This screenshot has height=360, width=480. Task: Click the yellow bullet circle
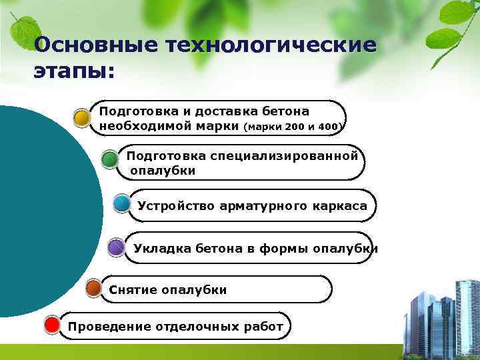click(x=82, y=118)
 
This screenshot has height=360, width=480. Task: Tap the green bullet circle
click(x=110, y=161)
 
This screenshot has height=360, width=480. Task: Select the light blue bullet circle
click(x=121, y=204)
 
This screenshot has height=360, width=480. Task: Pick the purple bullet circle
click(x=116, y=248)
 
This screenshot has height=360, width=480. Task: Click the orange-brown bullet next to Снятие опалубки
click(x=95, y=289)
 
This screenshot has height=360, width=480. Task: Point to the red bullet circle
click(x=52, y=325)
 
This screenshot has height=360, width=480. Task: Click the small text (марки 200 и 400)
click(x=293, y=126)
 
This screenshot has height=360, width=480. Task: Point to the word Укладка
click(x=162, y=249)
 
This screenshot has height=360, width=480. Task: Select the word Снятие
click(x=129, y=290)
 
